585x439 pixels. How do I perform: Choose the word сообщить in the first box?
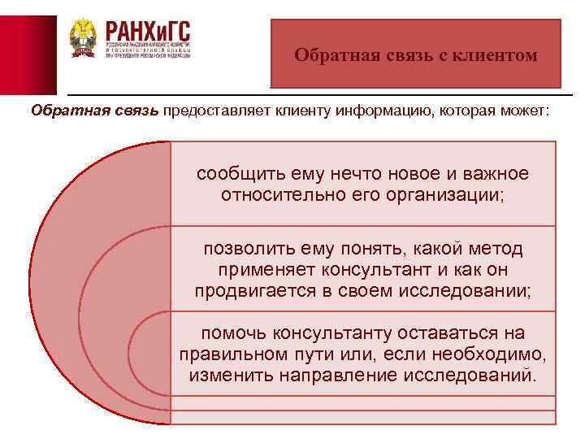(232, 174)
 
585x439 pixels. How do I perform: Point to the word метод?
(492, 249)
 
